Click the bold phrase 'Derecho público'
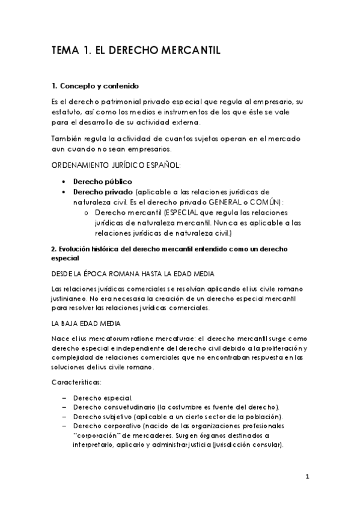[x=102, y=181]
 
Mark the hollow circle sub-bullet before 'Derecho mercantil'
[x=87, y=213]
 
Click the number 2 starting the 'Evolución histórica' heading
[x=53, y=248]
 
